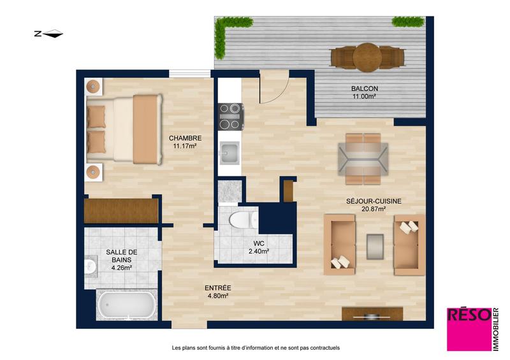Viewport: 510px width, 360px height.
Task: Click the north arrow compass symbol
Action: tap(48, 34)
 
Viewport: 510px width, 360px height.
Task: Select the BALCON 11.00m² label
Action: tap(364, 92)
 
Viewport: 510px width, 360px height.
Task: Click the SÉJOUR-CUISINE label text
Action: tap(374, 205)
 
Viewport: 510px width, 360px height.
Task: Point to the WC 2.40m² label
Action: tap(258, 246)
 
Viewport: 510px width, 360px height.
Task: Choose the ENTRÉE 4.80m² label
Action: tap(217, 291)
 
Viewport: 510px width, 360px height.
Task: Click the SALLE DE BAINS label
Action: tap(121, 259)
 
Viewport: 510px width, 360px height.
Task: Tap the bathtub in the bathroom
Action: tap(126, 305)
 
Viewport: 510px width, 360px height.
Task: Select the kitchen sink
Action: tap(229, 152)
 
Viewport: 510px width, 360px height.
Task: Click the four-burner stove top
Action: tap(230, 117)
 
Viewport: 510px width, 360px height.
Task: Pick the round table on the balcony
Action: tap(367, 57)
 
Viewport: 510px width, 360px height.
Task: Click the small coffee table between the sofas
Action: tap(375, 245)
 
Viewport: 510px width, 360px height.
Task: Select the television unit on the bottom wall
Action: tap(372, 313)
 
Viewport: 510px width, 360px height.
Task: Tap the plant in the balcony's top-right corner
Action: tap(408, 22)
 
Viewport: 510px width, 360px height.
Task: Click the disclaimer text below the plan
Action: tap(256, 348)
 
